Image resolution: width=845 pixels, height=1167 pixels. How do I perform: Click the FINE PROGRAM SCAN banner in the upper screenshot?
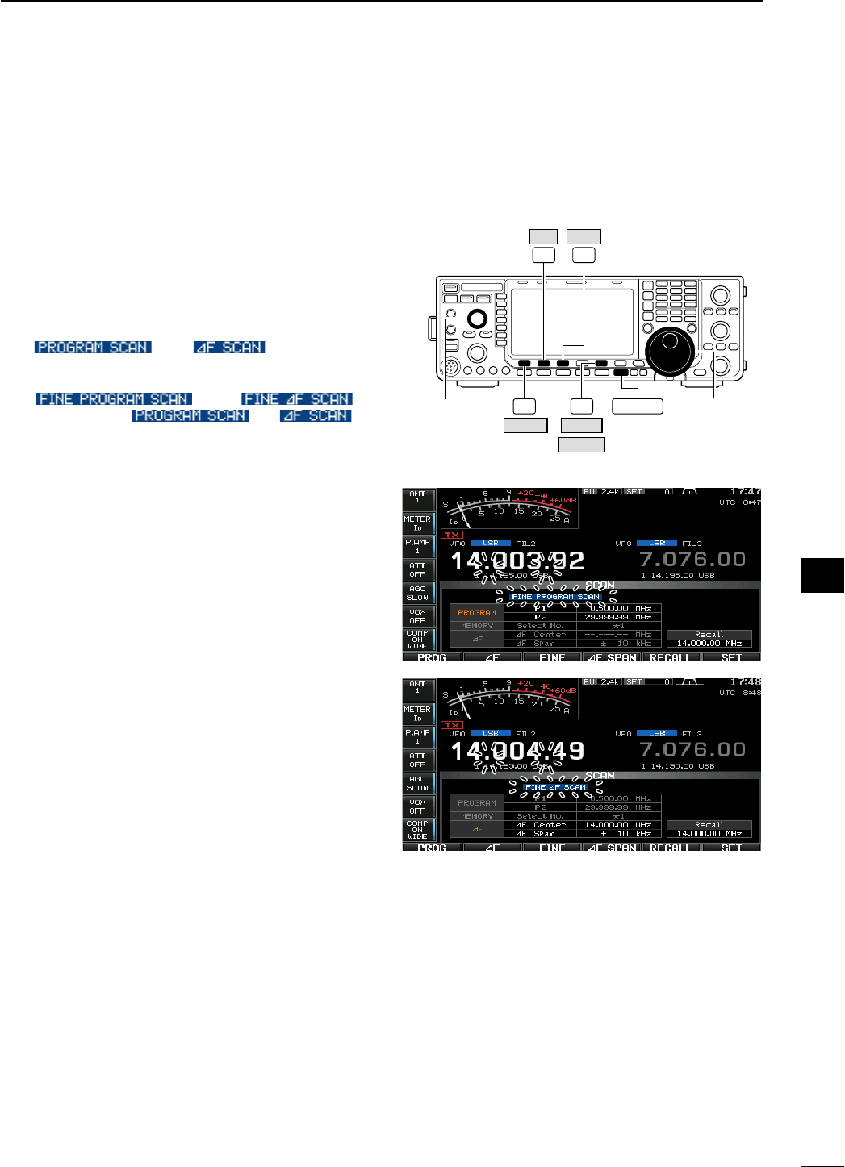[556, 597]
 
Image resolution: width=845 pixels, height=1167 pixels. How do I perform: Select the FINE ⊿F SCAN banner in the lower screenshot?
[555, 787]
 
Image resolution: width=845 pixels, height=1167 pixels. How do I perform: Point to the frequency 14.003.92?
[517, 561]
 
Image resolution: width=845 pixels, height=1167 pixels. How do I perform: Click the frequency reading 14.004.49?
[517, 751]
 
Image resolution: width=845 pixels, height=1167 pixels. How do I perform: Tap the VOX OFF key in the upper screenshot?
[417, 616]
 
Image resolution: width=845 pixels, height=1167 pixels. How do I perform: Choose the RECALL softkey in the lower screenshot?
[669, 848]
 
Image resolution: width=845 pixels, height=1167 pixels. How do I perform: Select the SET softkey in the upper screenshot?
[730, 657]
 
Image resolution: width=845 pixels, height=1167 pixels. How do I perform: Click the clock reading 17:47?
[745, 491]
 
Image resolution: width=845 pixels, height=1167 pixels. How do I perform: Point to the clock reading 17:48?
[745, 682]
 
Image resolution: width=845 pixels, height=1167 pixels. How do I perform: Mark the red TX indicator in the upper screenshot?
[452, 535]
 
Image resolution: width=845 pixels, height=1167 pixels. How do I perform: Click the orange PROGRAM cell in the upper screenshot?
[476, 613]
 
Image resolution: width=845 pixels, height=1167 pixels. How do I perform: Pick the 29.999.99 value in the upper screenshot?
[606, 617]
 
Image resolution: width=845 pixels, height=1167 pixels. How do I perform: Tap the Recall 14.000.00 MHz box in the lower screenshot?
[709, 829]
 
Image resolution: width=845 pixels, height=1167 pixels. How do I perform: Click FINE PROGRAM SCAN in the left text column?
[113, 398]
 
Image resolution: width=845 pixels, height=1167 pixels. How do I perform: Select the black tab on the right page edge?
[822, 575]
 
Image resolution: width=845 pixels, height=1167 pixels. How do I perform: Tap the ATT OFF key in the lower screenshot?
[417, 760]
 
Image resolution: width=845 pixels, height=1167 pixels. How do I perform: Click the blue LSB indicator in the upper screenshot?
[657, 543]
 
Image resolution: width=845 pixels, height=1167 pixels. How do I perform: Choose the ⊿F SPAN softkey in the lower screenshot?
[611, 848]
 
